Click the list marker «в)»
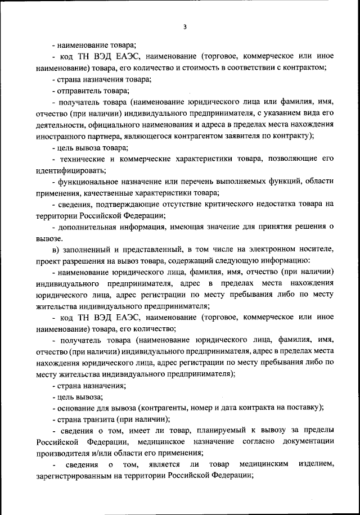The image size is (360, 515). pos(54,250)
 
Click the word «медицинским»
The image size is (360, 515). pos(264,465)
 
